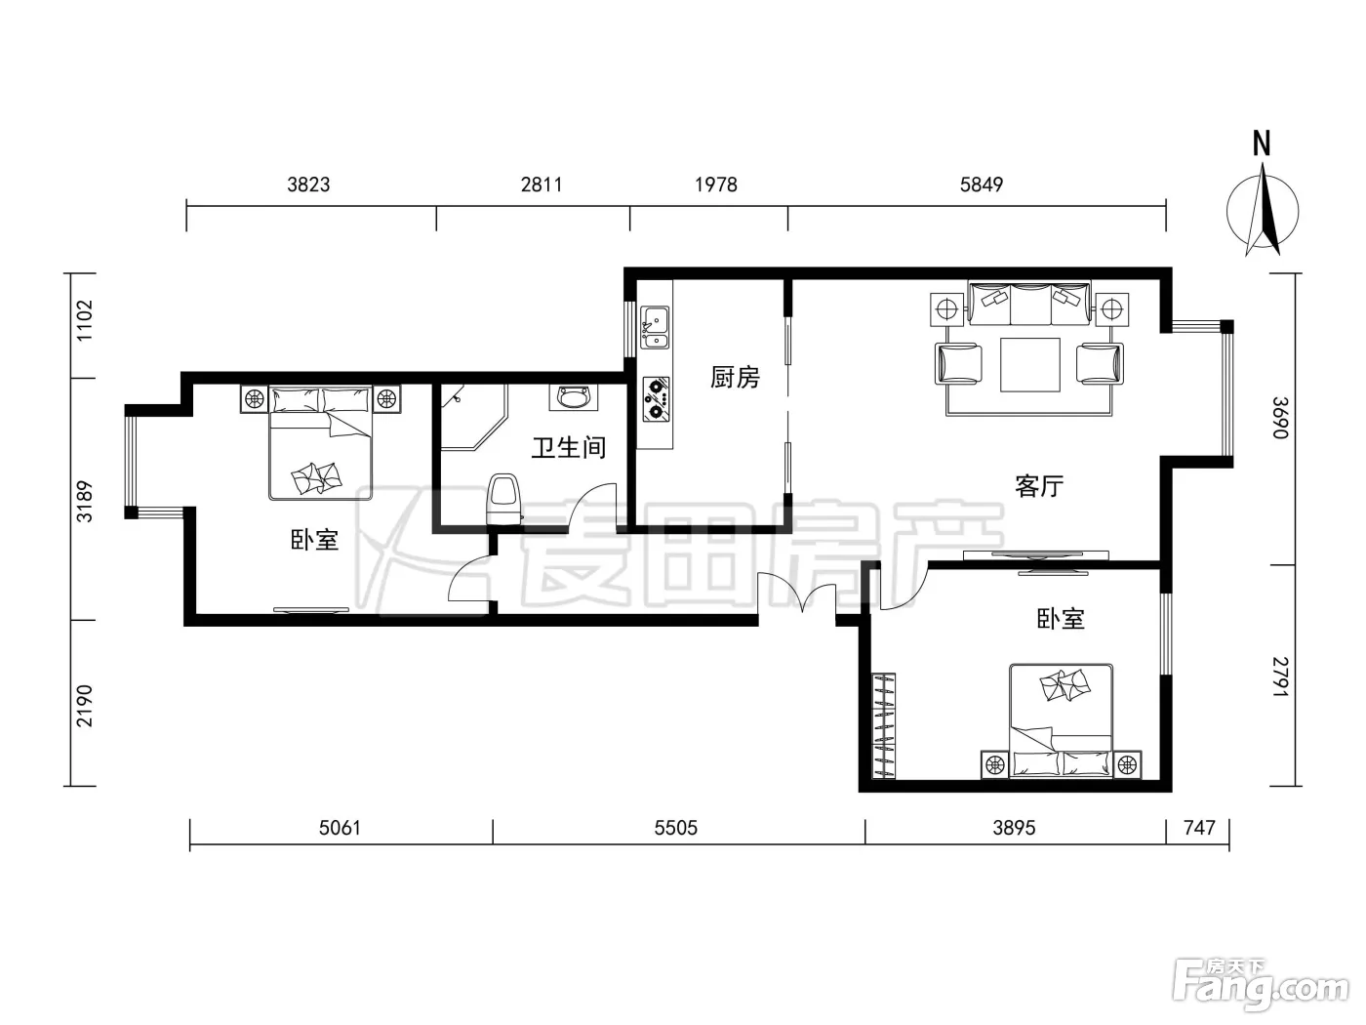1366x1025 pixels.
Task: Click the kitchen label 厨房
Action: point(735,377)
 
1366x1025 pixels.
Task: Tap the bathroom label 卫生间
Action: point(568,447)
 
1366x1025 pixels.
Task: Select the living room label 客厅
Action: point(1039,486)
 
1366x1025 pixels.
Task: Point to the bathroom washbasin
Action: point(573,397)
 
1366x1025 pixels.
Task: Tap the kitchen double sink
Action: point(655,327)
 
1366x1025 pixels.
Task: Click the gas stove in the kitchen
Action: point(656,399)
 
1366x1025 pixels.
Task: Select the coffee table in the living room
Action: point(1030,365)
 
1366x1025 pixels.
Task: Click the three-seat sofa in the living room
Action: point(1029,303)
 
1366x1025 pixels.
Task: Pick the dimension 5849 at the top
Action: point(982,184)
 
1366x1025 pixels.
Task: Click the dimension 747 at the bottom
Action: point(1199,828)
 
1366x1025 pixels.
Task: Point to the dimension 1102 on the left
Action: point(84,321)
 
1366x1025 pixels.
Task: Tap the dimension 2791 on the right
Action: point(1279,676)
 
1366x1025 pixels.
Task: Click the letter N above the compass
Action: point(1262,143)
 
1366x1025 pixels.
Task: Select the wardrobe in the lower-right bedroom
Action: point(884,725)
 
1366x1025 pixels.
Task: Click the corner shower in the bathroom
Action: point(473,418)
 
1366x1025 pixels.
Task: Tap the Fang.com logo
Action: point(1261,987)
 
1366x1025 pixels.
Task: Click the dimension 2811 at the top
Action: point(542,184)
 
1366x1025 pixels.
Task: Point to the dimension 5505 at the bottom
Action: point(676,828)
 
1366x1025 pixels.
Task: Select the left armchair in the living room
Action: point(958,364)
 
